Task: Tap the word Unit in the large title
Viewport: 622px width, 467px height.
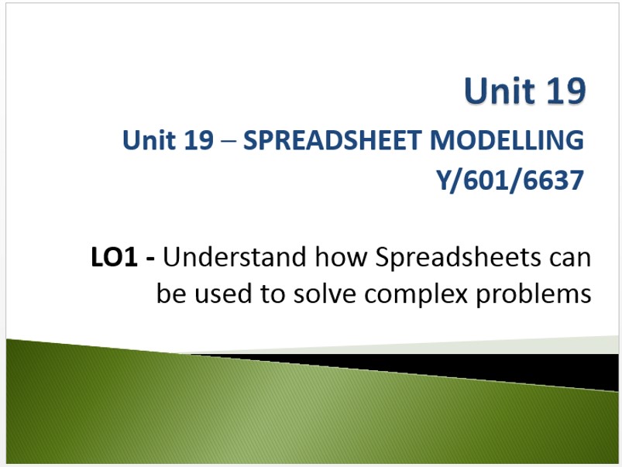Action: click(500, 91)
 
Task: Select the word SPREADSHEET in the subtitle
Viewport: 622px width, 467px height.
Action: click(332, 140)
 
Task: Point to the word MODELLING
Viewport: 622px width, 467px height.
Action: click(507, 140)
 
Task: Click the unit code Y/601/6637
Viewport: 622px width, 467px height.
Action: click(510, 180)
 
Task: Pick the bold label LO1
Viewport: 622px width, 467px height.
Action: click(114, 257)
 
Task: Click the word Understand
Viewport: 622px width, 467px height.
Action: click(235, 256)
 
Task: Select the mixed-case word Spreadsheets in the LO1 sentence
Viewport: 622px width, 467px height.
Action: click(458, 258)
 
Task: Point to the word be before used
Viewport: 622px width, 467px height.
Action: click(171, 294)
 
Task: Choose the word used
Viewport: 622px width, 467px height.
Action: click(223, 294)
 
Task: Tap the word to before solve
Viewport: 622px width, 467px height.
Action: click(273, 295)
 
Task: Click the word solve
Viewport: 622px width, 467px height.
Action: click(325, 294)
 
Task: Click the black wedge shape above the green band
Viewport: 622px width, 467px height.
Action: click(476, 367)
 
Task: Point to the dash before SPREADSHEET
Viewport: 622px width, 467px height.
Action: click(228, 141)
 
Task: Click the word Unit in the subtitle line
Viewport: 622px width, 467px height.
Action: click(149, 140)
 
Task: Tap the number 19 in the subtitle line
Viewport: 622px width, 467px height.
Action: click(199, 140)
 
